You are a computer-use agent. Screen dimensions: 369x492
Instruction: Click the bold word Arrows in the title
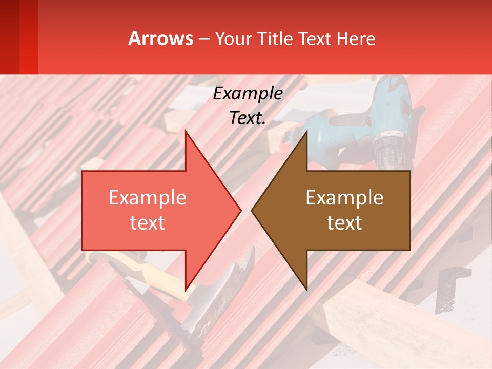pyautogui.click(x=161, y=38)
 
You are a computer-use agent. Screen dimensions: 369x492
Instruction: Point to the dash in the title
pyautogui.click(x=203, y=39)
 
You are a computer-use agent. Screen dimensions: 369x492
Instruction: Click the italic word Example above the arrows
pyautogui.click(x=248, y=94)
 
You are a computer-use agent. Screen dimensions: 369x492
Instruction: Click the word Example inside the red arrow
pyautogui.click(x=148, y=198)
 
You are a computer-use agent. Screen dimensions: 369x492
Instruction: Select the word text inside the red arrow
pyautogui.click(x=148, y=223)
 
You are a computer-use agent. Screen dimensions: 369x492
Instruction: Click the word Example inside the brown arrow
pyautogui.click(x=344, y=198)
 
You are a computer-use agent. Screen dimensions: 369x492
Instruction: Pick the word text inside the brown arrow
pyautogui.click(x=344, y=223)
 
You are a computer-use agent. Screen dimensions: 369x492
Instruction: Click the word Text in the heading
pyautogui.click(x=315, y=38)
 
